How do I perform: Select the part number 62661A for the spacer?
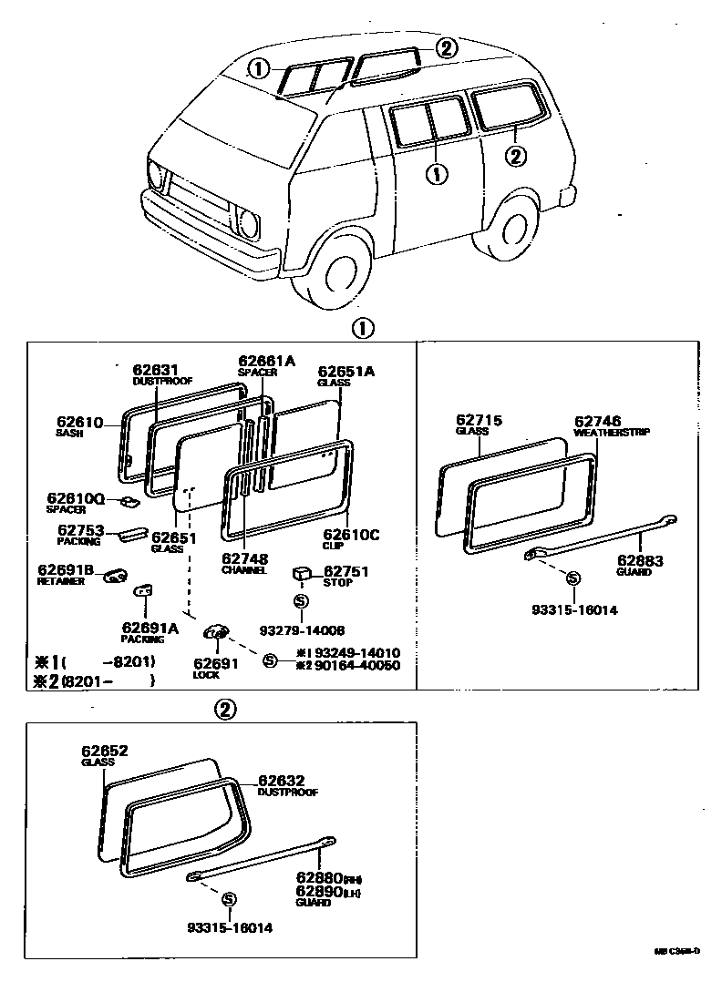(266, 361)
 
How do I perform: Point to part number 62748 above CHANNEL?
(243, 558)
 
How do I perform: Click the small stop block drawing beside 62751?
(303, 574)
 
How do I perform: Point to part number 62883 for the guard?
(640, 560)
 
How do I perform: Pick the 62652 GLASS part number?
(104, 752)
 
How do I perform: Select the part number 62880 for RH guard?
(318, 878)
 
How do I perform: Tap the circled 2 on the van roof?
(445, 49)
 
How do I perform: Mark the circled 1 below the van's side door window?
(438, 173)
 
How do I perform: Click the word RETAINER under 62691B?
(62, 581)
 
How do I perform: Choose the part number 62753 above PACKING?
(81, 529)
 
